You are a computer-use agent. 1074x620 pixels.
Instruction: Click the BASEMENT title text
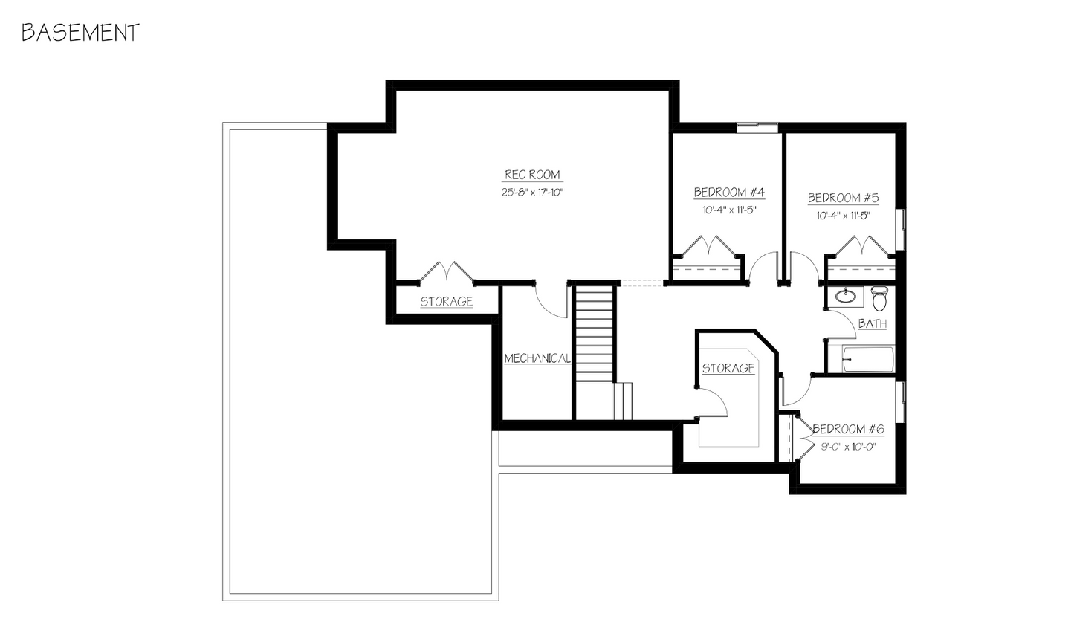click(x=80, y=33)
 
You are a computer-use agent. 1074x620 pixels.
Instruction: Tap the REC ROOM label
click(x=532, y=175)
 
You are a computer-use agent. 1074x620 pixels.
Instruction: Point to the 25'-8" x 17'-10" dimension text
click(x=532, y=193)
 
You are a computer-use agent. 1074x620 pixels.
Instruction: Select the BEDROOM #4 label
click(x=729, y=193)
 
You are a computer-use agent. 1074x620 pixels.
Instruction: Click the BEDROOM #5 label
click(x=843, y=198)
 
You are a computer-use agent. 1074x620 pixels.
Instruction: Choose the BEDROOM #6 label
click(x=847, y=429)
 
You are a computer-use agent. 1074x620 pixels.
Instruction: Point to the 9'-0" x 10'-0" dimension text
click(x=847, y=447)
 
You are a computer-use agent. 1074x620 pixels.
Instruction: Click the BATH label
click(x=872, y=324)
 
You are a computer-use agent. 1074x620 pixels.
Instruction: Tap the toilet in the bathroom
click(x=879, y=299)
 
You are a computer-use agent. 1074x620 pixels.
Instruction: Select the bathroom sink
click(x=846, y=297)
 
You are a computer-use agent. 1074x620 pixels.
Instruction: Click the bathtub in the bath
click(x=868, y=359)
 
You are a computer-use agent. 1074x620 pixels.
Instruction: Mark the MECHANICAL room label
click(x=537, y=358)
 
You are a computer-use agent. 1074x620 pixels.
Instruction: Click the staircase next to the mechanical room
click(x=595, y=335)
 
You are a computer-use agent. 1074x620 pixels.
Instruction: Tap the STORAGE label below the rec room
click(x=447, y=302)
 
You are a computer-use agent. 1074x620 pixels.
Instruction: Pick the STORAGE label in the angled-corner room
click(x=728, y=368)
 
